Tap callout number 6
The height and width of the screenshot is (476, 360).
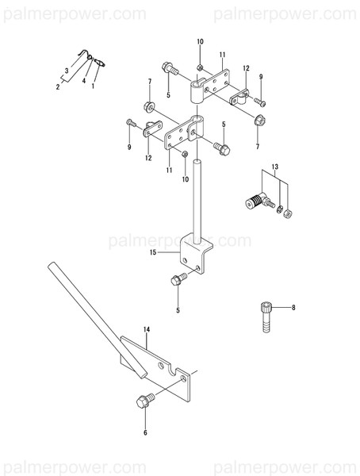point(144,432)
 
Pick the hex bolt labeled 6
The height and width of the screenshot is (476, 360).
point(144,402)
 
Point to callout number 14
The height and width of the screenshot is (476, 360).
point(147,328)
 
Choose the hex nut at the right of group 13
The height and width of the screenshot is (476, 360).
point(289,213)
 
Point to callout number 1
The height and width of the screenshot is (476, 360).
point(94,86)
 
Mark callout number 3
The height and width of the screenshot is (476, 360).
point(67,71)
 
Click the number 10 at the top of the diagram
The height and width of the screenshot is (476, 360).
point(200,41)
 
